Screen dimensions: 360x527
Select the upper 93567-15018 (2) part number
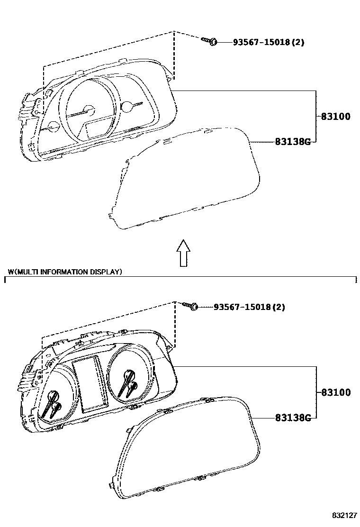268,42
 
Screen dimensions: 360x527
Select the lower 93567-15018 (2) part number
249,307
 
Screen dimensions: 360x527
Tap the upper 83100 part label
336,117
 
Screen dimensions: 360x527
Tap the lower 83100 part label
336,392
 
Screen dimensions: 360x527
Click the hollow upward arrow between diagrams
183,252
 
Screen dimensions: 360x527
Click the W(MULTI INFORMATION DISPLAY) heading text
65,272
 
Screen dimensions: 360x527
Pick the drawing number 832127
343,515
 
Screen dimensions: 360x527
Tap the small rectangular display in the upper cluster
96,129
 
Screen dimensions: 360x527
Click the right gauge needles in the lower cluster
128,383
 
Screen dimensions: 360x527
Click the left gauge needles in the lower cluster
53,404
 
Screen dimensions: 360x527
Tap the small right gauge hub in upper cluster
126,107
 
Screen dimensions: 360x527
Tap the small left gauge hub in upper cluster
53,127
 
